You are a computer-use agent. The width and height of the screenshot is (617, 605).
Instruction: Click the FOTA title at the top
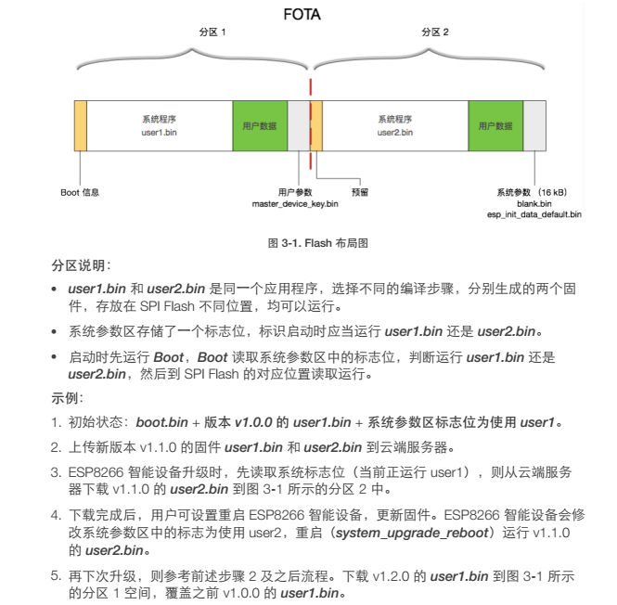click(x=302, y=15)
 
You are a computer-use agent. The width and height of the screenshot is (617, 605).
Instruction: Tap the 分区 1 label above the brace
click(x=212, y=32)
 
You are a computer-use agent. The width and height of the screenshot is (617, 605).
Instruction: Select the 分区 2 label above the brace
click(x=435, y=32)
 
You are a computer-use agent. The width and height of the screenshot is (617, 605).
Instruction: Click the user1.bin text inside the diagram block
click(x=159, y=133)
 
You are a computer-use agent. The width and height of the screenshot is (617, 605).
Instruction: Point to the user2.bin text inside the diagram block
click(x=395, y=133)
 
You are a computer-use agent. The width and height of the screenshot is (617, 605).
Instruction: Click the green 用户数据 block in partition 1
click(x=260, y=125)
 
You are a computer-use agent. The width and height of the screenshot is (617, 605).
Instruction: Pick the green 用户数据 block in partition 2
click(x=495, y=125)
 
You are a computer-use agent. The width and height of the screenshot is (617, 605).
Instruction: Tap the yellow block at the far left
click(x=81, y=125)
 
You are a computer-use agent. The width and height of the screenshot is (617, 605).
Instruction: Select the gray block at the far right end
click(x=534, y=125)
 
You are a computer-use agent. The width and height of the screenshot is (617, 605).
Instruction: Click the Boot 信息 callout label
click(x=80, y=192)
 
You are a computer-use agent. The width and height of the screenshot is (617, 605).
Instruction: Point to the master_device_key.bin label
click(x=295, y=204)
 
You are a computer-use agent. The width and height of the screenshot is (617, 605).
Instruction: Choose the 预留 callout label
click(x=360, y=192)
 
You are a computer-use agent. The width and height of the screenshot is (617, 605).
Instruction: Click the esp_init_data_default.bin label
click(x=534, y=214)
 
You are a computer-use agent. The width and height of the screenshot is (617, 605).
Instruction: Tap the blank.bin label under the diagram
click(x=534, y=204)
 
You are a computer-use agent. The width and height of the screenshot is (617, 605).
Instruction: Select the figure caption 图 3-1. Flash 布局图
click(x=318, y=243)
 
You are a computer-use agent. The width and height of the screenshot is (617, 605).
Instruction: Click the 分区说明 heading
click(x=81, y=265)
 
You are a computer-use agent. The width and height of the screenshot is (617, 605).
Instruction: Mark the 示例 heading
click(x=67, y=398)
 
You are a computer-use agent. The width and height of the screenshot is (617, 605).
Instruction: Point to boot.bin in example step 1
click(x=162, y=422)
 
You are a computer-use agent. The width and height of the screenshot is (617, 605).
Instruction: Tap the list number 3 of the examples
click(x=56, y=472)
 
